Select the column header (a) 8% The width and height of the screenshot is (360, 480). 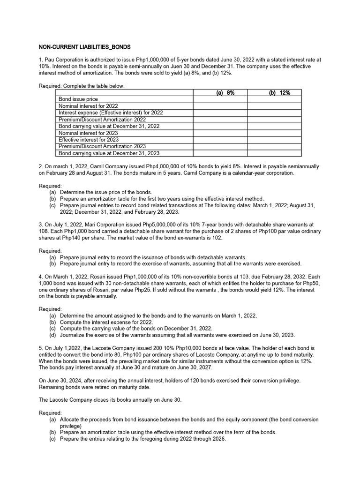coord(220,93)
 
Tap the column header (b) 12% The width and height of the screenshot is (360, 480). coord(274,93)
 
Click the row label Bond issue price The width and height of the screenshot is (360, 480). coord(78,99)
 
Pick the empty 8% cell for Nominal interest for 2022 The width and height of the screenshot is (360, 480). coord(220,106)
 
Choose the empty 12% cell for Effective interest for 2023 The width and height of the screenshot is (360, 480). coord(274,140)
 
